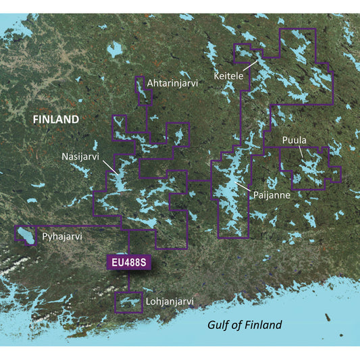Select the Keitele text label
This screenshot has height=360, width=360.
point(228,76)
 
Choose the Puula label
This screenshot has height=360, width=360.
point(294,140)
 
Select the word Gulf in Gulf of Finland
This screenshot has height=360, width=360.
point(219,326)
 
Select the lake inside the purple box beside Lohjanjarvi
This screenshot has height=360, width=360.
point(128,302)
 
